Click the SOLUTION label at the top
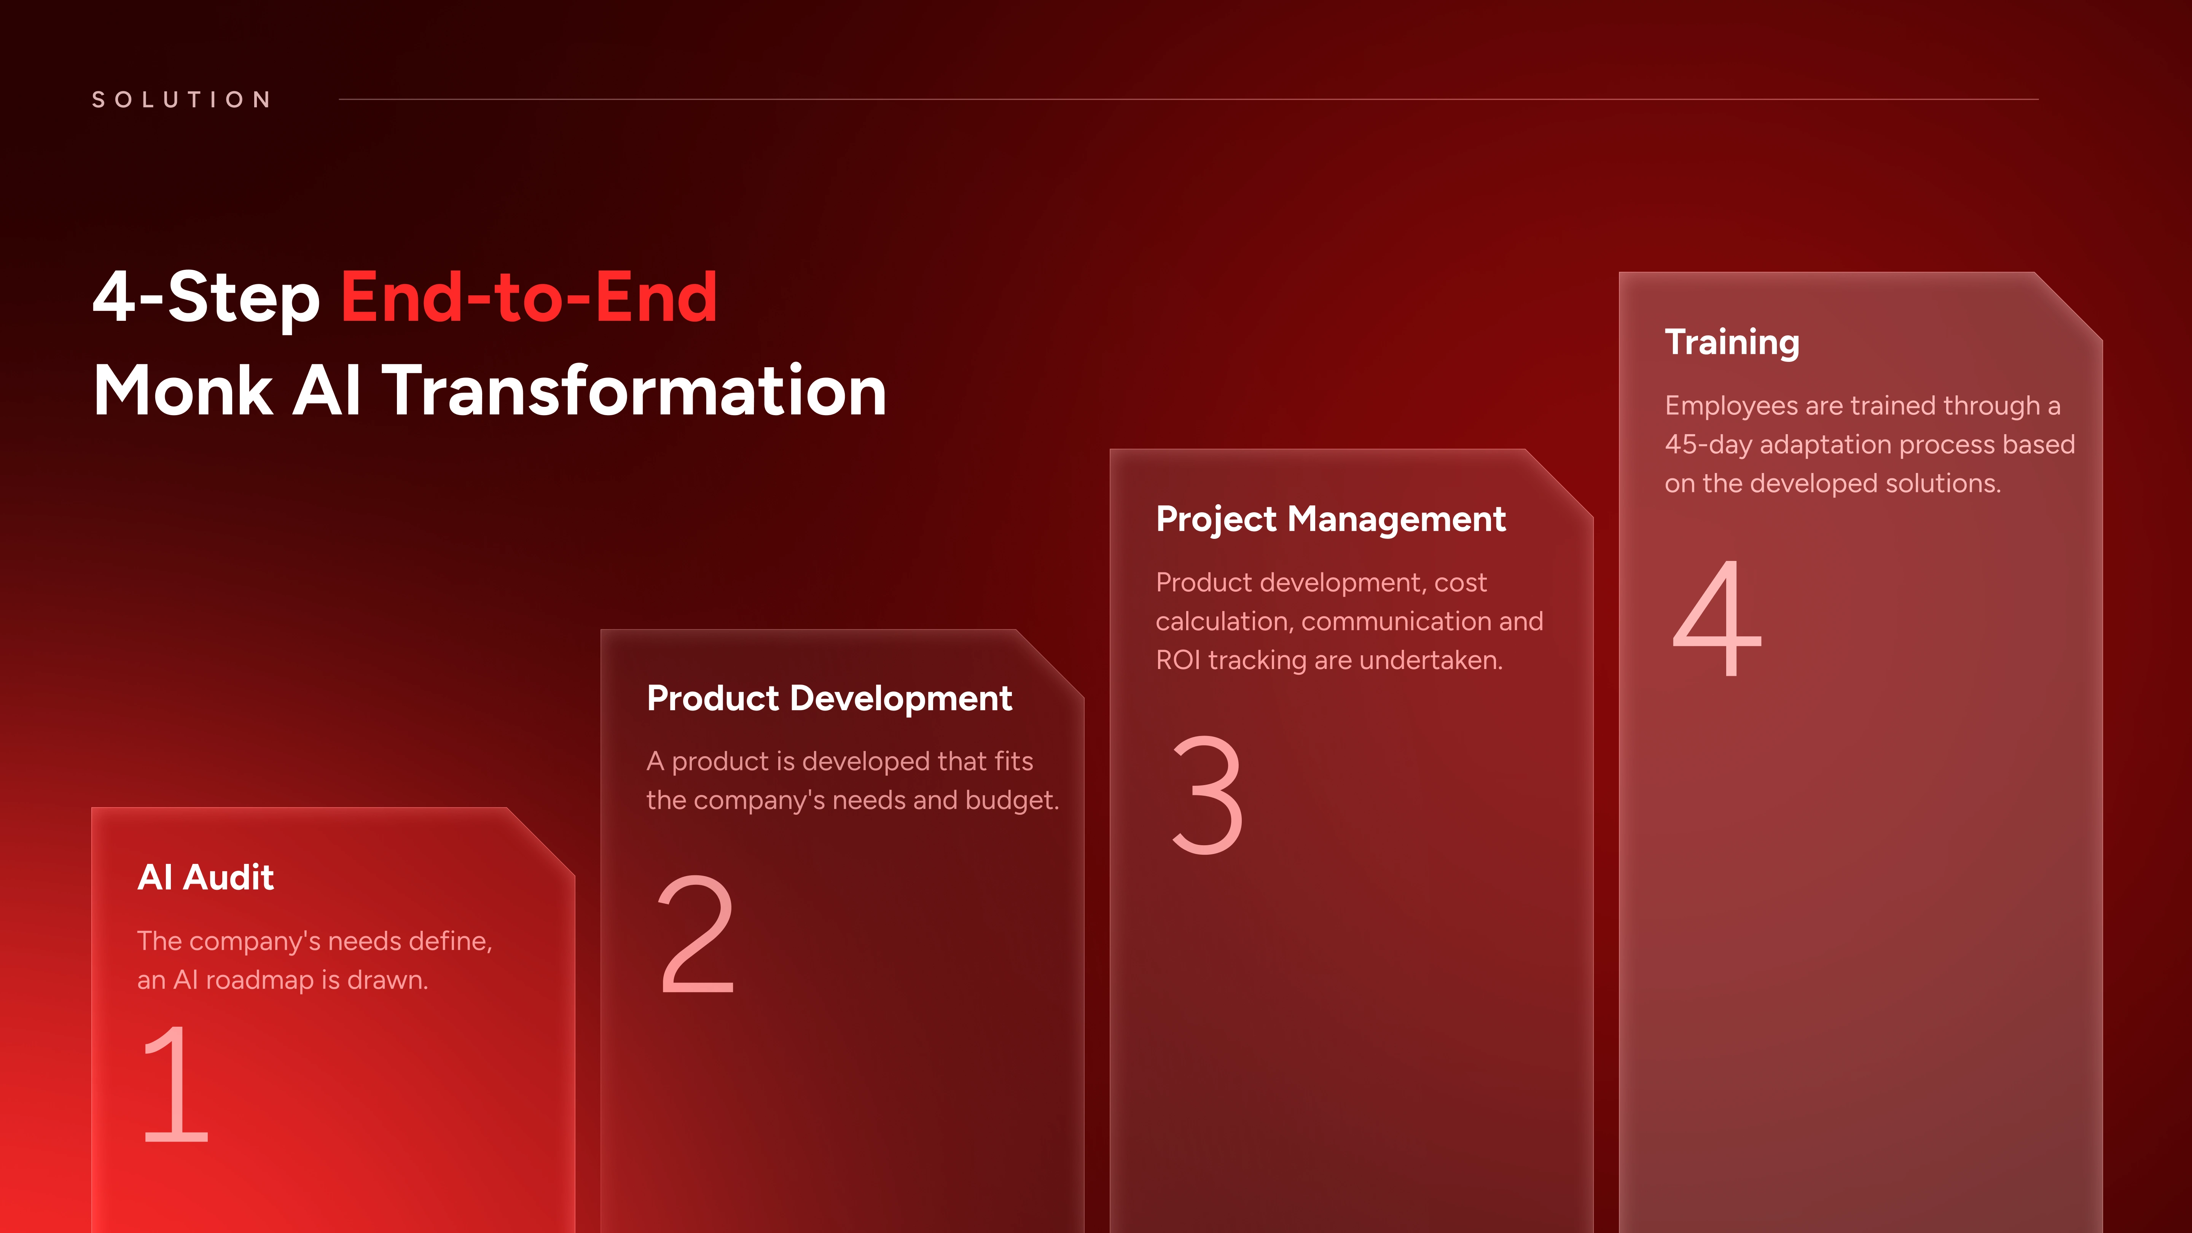[181, 100]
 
